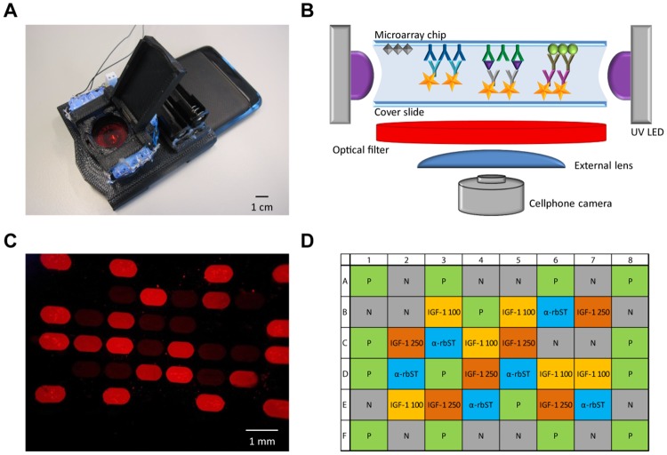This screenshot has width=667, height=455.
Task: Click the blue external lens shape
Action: pyautogui.click(x=491, y=160)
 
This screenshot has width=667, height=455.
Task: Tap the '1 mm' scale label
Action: pyautogui.click(x=262, y=443)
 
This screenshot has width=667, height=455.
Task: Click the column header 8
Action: pyautogui.click(x=631, y=259)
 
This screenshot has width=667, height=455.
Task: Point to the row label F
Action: pyautogui.click(x=346, y=437)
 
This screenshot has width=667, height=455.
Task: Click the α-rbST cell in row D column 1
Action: pyautogui.click(x=369, y=373)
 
